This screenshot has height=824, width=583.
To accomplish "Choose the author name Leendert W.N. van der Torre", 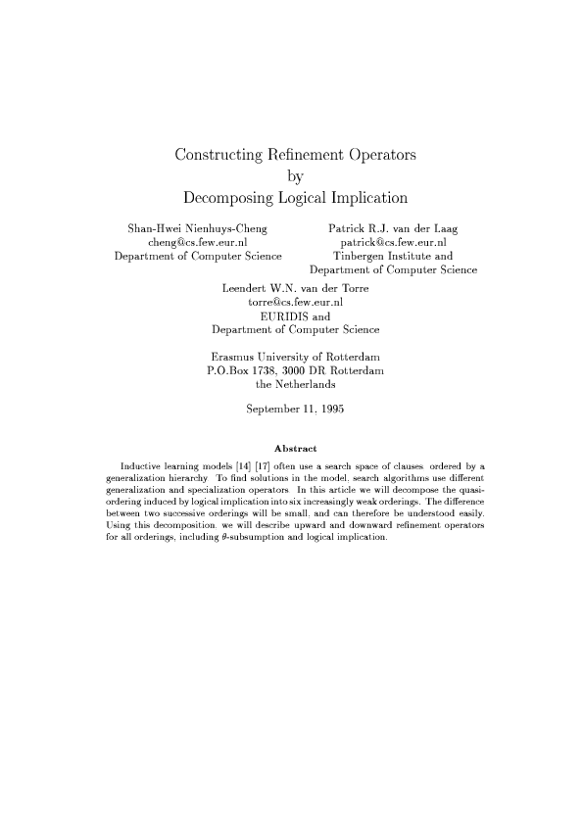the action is pyautogui.click(x=295, y=289).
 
